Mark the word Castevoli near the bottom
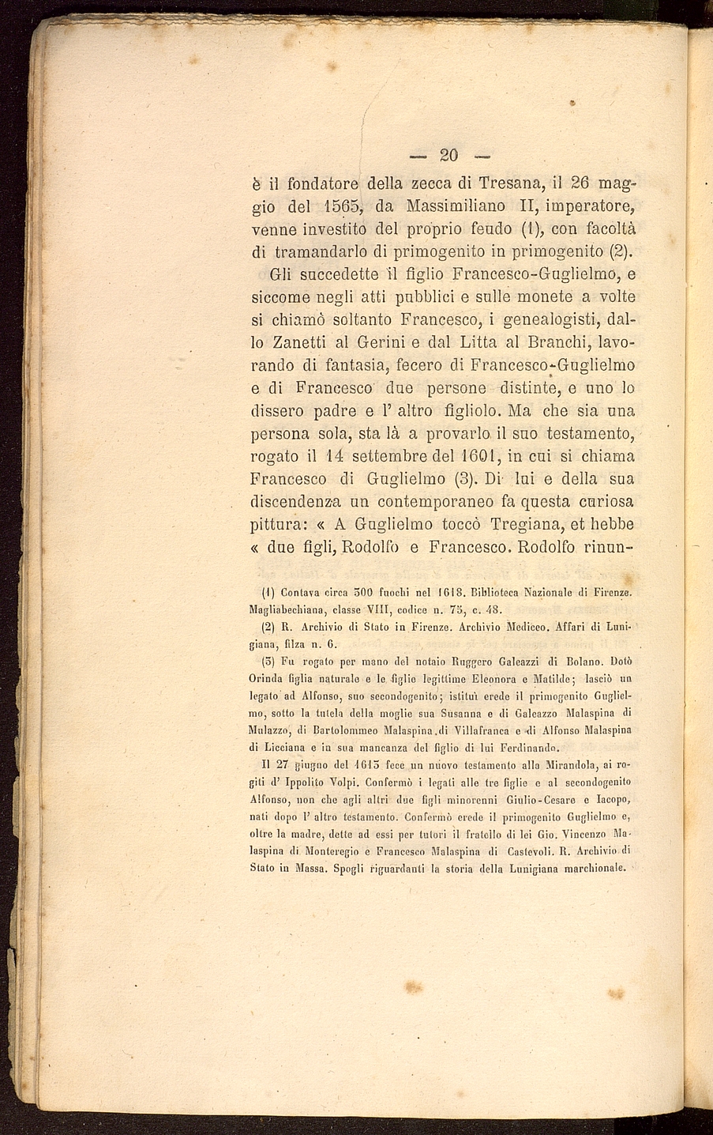(x=522, y=851)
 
